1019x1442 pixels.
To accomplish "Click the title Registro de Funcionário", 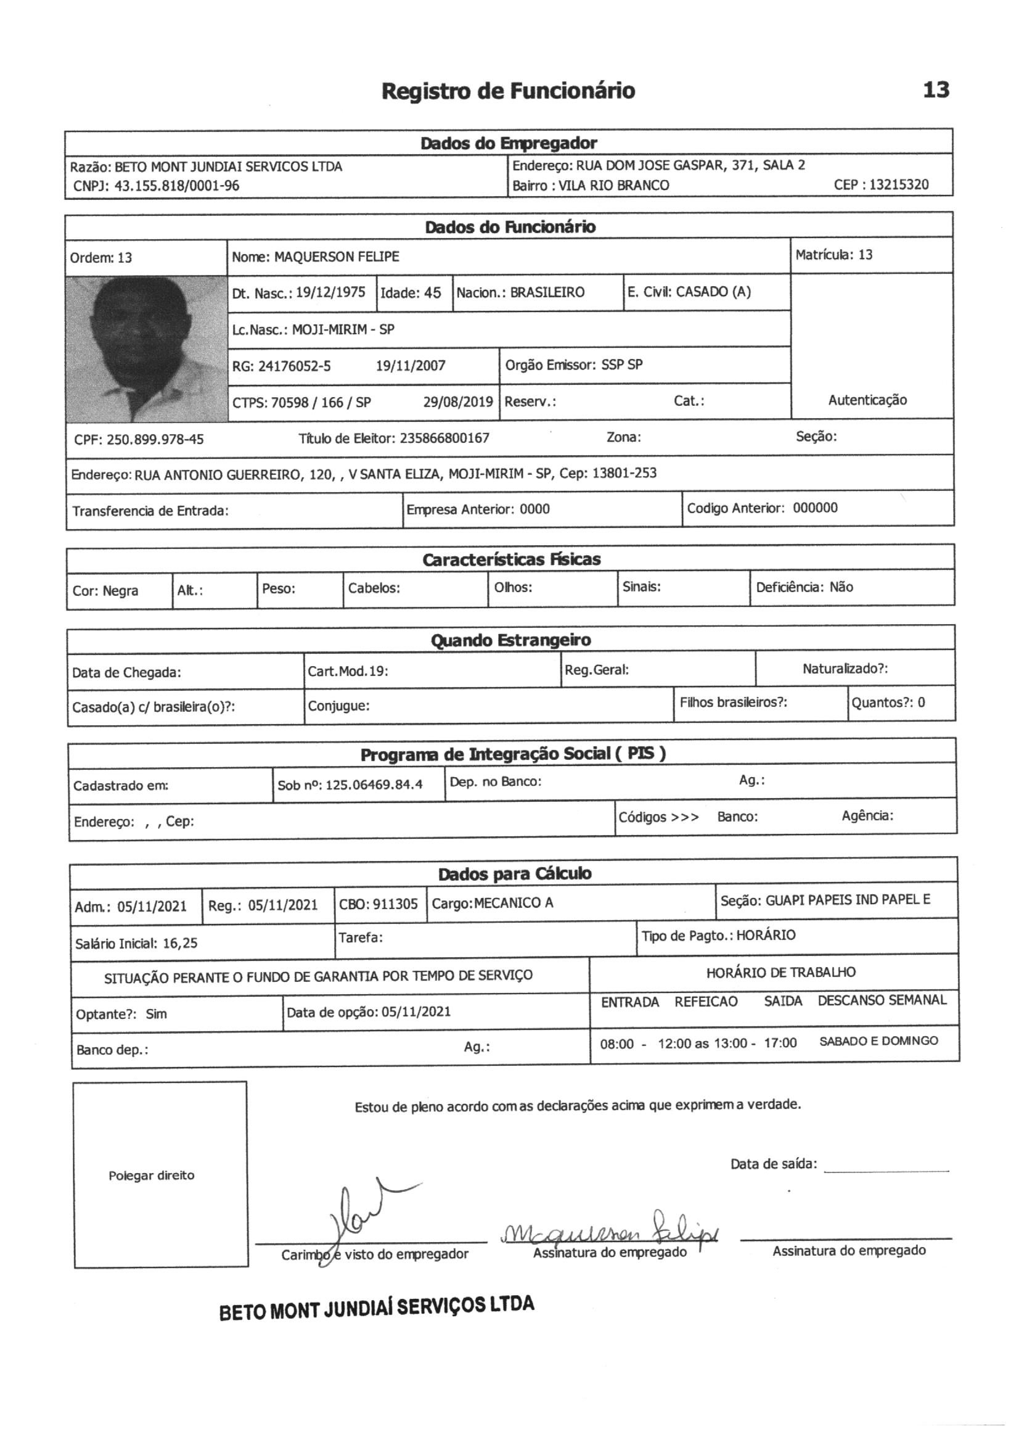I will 508,92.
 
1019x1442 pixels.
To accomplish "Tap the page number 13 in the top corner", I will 936,91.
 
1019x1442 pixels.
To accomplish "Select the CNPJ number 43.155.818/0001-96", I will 176,186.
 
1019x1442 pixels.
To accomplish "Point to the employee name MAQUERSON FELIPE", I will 337,257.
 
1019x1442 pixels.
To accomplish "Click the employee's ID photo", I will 146,348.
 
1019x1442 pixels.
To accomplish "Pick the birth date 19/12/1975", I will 330,293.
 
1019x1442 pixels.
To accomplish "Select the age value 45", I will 432,294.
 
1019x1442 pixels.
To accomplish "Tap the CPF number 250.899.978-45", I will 155,439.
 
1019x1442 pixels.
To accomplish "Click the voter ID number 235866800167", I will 444,439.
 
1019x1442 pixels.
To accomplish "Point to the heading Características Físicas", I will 511,559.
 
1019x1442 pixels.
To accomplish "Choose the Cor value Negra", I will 120,591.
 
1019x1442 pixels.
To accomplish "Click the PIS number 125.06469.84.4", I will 374,785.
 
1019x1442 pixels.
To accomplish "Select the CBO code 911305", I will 395,904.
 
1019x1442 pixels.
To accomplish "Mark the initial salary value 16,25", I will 180,942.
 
